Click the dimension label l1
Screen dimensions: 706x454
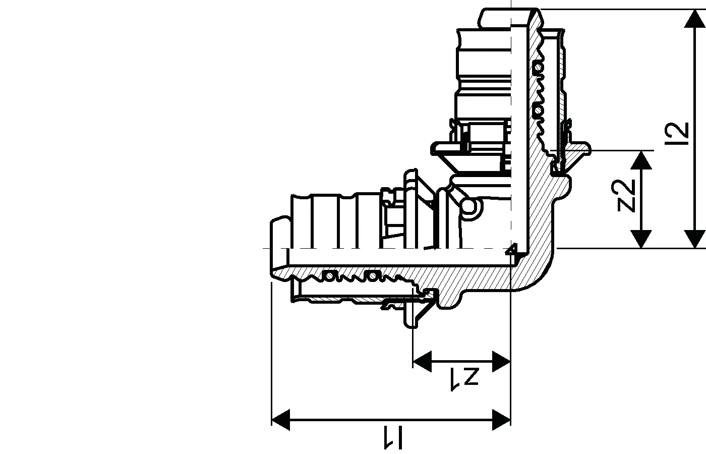(393, 437)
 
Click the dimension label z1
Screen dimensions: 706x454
(465, 379)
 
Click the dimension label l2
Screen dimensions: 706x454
(676, 133)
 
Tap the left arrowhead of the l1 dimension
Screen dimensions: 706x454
(281, 420)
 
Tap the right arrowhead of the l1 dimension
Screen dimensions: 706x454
(501, 420)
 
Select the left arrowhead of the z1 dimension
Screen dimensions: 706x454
(422, 361)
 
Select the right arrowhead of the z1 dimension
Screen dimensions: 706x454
(501, 361)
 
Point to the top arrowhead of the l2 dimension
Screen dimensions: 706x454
(695, 19)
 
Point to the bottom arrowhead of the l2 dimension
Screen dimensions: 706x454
(695, 239)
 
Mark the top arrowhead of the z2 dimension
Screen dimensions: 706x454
(641, 160)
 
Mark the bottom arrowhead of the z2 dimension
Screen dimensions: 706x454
(641, 239)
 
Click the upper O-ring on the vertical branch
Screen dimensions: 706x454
(539, 67)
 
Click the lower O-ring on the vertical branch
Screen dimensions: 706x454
(539, 110)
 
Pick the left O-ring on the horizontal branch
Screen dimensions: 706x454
(329, 276)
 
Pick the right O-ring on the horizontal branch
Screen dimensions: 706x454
(372, 276)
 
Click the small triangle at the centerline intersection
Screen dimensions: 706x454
(511, 249)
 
